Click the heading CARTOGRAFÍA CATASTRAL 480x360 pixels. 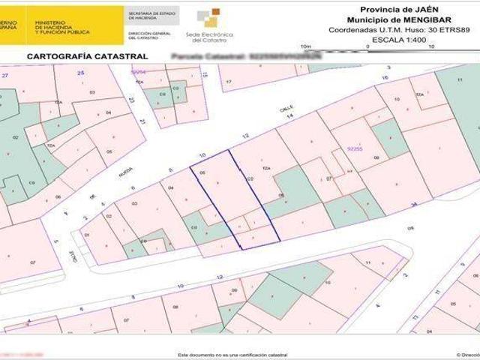tap(87, 56)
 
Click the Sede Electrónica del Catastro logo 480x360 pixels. tap(209, 25)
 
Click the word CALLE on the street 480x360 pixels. tap(286, 109)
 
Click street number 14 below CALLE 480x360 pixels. tap(289, 116)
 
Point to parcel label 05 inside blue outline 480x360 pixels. tap(202, 173)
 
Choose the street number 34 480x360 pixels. tap(413, 204)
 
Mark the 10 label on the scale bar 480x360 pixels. tap(431, 46)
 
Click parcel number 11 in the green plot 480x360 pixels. tap(460, 78)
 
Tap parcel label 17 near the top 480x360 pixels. tap(229, 81)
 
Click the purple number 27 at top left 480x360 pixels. tap(5, 76)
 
